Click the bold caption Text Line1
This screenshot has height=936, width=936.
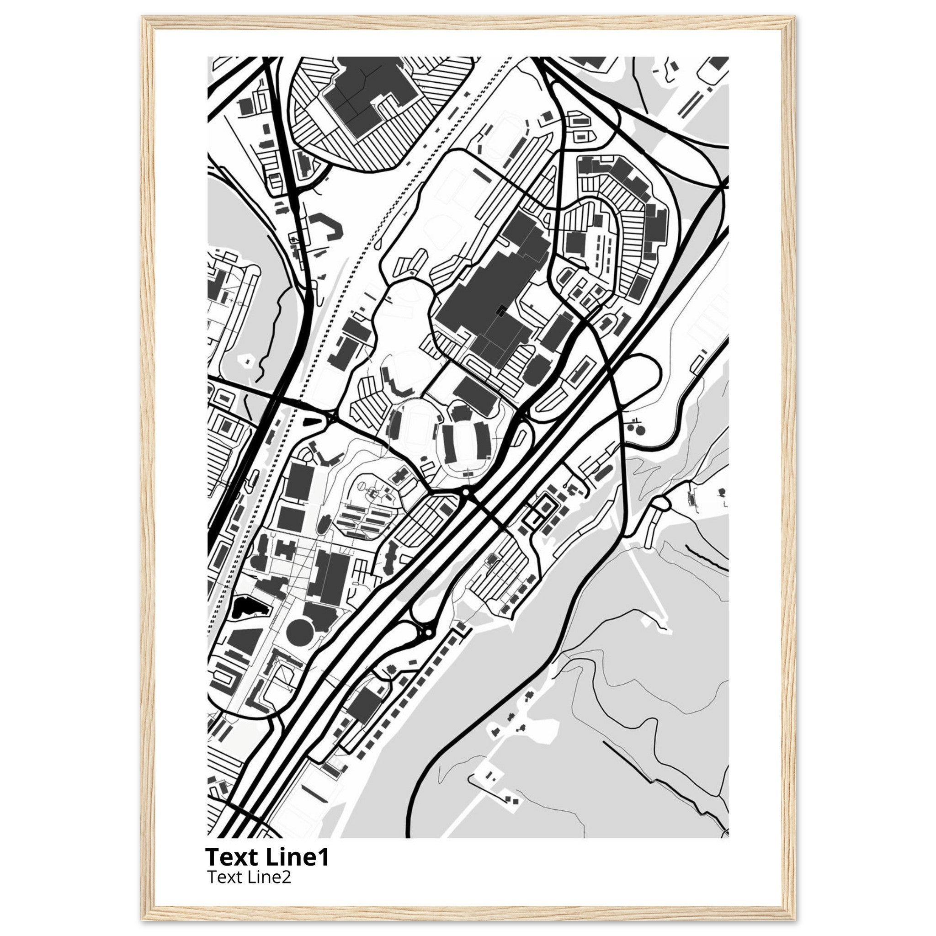pos(267,857)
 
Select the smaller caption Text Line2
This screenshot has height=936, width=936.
pos(249,877)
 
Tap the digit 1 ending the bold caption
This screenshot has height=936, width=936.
pos(324,857)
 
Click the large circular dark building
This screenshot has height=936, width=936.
pos(301,630)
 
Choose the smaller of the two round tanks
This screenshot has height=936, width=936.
pos(630,428)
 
